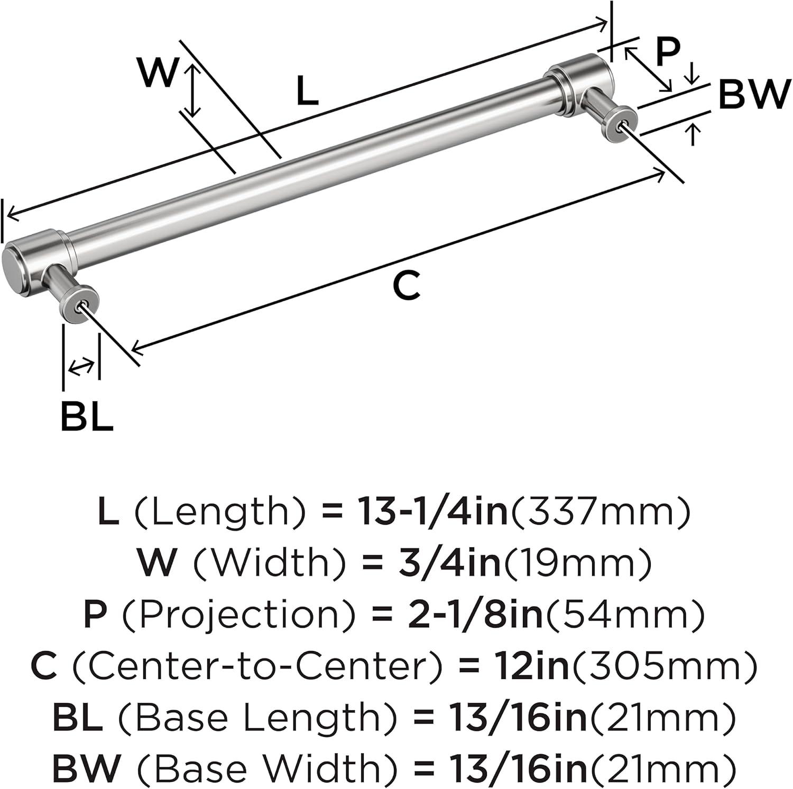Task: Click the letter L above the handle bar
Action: tap(307, 90)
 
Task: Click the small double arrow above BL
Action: tap(81, 367)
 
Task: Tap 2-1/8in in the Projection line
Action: tap(477, 614)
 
